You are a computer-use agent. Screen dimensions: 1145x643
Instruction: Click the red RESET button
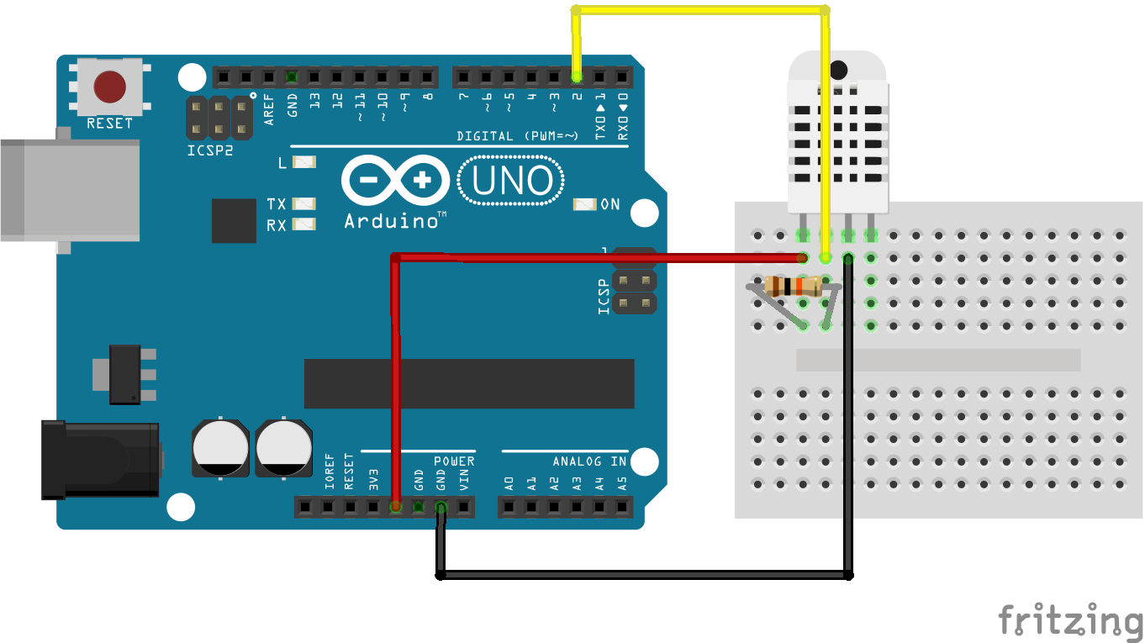pos(109,87)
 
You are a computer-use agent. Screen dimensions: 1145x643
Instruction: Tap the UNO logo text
pos(512,181)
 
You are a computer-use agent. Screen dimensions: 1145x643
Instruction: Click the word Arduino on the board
pos(392,221)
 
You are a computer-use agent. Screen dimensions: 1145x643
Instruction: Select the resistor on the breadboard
pos(794,287)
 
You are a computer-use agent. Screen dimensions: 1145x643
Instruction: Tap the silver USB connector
pos(70,190)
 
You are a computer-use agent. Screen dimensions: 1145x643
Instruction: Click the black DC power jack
pos(101,459)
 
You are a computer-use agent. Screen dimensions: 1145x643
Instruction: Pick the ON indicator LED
pos(585,204)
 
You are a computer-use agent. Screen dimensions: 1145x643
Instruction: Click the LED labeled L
pos(304,162)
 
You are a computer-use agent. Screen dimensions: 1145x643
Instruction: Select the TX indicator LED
pos(304,203)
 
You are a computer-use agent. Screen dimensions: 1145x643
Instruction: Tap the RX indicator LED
pos(304,224)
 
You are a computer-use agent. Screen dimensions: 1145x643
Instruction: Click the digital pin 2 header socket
pos(577,77)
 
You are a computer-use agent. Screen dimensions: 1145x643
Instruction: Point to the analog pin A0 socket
pos(509,507)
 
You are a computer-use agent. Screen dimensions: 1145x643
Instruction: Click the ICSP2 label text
pos(210,150)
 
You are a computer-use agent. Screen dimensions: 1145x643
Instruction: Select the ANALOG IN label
pos(589,461)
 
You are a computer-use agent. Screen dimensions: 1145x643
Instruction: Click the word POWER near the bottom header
pos(454,461)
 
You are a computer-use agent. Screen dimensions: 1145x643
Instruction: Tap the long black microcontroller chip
pos(469,384)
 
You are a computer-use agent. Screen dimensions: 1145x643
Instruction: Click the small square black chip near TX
pos(234,221)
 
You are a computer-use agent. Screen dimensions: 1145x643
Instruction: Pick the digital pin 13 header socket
pos(314,77)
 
